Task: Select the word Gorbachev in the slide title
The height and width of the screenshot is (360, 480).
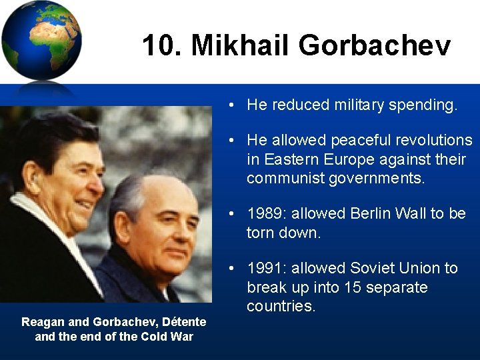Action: (375, 46)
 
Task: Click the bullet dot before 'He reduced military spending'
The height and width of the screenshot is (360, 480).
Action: (229, 105)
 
